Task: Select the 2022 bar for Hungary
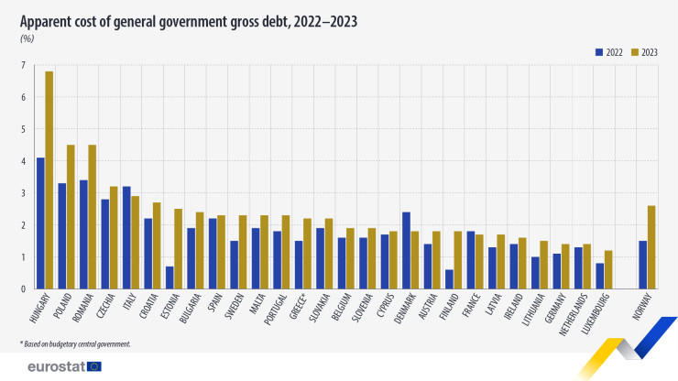pos(39,223)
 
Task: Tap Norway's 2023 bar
pos(651,247)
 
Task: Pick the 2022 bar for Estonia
pos(169,278)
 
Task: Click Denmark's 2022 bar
pos(405,251)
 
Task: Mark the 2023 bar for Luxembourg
pos(608,269)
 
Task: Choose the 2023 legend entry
pos(645,51)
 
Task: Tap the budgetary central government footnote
pos(78,343)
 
